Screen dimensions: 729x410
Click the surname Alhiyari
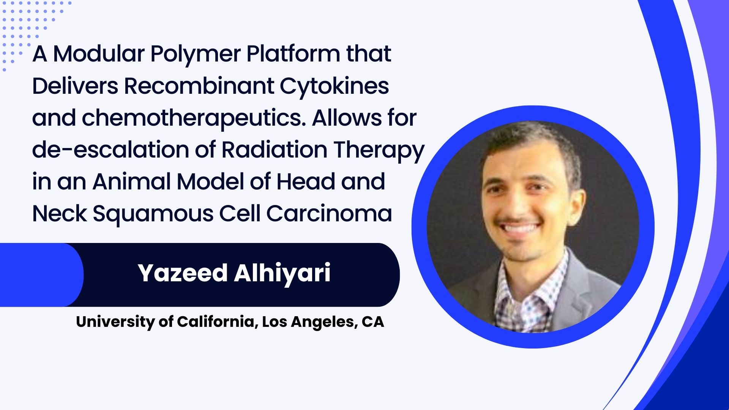pyautogui.click(x=282, y=273)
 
